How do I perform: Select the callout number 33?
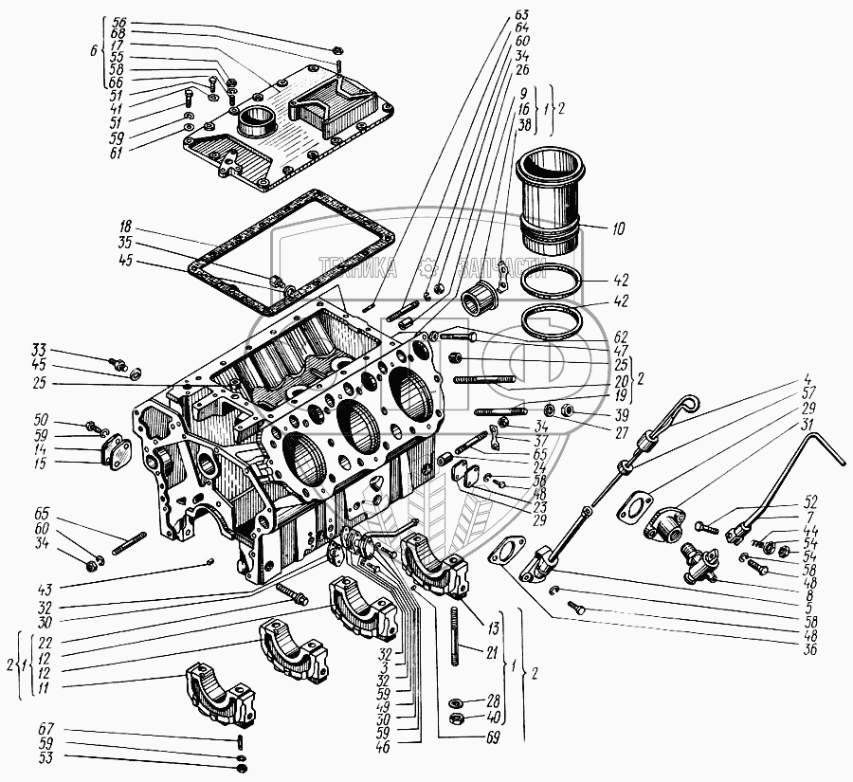click(38, 347)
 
